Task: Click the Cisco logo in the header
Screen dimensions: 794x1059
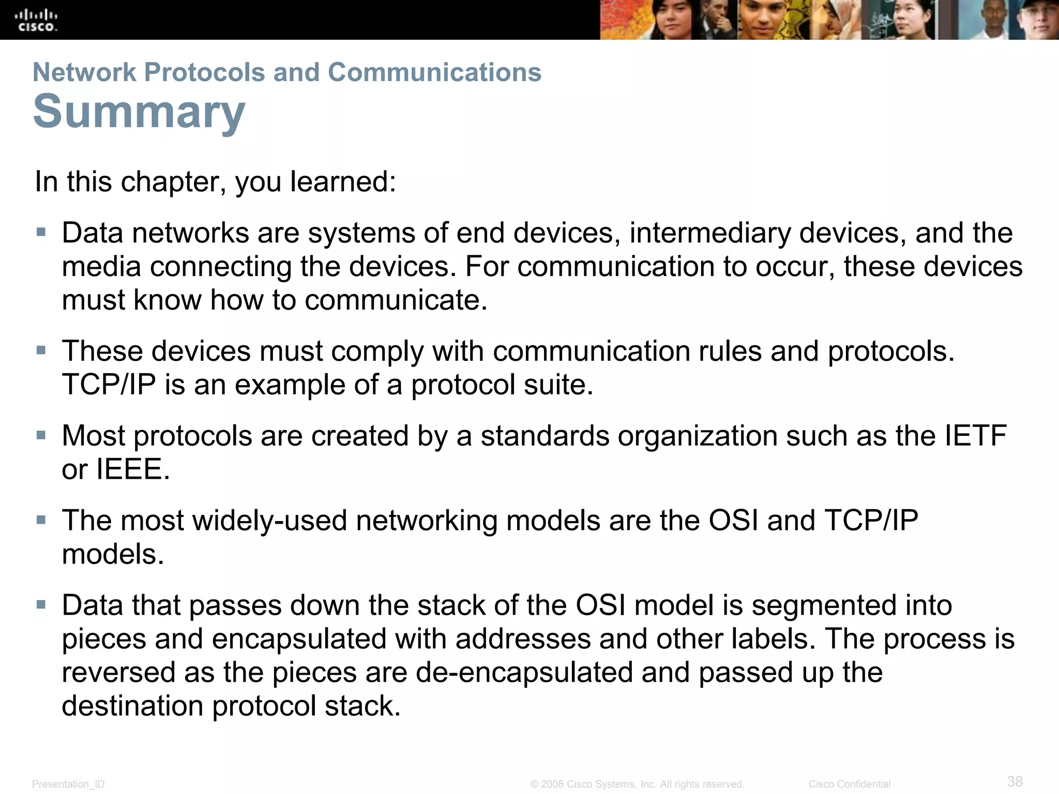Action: pos(36,21)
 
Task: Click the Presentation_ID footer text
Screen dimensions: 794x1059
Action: pos(68,784)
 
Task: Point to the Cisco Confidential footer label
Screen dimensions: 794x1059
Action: pos(849,784)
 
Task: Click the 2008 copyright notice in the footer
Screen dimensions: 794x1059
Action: pos(637,784)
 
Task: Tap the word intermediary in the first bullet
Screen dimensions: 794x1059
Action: pos(710,233)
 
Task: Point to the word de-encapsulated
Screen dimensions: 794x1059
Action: pos(524,672)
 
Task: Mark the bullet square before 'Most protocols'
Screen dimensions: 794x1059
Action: pos(41,435)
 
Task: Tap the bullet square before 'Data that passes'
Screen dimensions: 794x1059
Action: pos(41,604)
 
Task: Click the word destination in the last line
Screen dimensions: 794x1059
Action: pos(133,706)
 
